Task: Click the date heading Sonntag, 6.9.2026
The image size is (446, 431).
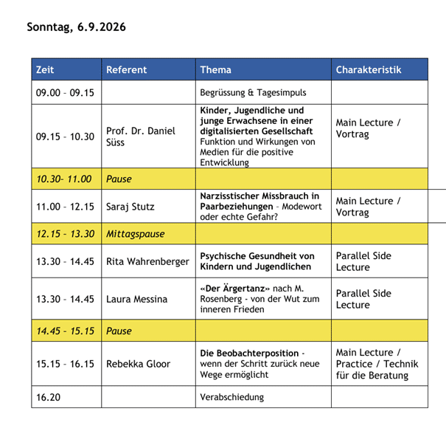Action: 77,27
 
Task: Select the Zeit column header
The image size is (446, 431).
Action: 45,70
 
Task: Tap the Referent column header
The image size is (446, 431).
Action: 126,70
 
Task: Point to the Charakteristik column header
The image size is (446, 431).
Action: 369,70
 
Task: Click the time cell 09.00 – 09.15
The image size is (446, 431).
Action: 65,93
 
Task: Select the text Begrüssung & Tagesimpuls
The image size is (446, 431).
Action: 253,93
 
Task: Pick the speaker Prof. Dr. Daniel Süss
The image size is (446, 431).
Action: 141,136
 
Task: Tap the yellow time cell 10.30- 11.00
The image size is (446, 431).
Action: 64,179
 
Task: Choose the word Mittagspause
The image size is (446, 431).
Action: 136,234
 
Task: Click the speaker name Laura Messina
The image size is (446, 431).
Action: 137,299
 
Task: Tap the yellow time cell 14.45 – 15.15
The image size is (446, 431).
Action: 66,331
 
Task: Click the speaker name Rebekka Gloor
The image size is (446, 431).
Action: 139,363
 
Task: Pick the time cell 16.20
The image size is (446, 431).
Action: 49,397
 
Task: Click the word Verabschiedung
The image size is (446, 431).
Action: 231,397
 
